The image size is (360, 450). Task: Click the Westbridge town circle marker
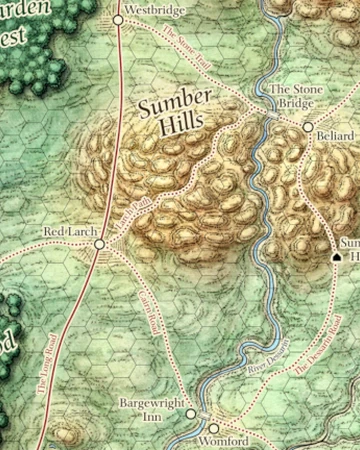118,19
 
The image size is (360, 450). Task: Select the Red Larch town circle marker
99,244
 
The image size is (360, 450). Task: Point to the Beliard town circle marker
309,127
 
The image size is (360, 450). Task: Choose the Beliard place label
337,134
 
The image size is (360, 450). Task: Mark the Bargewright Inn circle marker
191,412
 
